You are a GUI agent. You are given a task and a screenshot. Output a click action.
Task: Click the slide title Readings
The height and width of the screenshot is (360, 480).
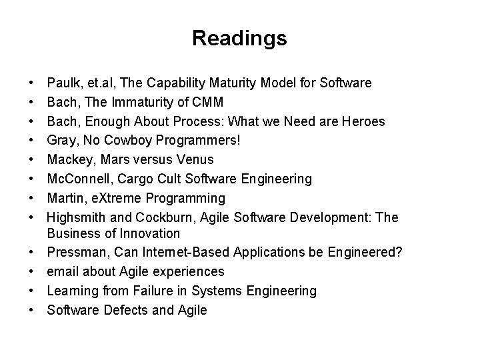pos(239,38)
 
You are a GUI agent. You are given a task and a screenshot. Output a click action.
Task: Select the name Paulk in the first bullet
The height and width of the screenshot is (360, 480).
pos(62,83)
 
